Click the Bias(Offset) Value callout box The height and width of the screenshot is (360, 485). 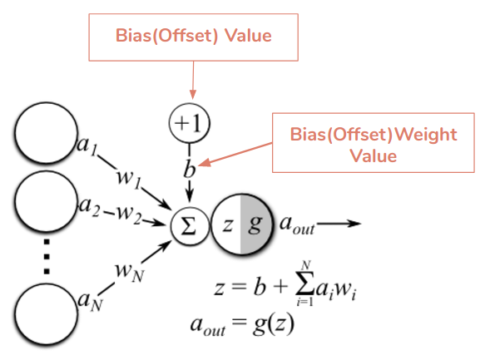[192, 37]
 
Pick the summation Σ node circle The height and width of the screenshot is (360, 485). [189, 224]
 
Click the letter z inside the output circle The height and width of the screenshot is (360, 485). [228, 224]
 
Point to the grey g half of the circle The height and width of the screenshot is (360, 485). [257, 224]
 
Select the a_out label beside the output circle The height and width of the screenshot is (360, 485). [296, 225]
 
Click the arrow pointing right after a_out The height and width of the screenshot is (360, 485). [341, 224]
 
